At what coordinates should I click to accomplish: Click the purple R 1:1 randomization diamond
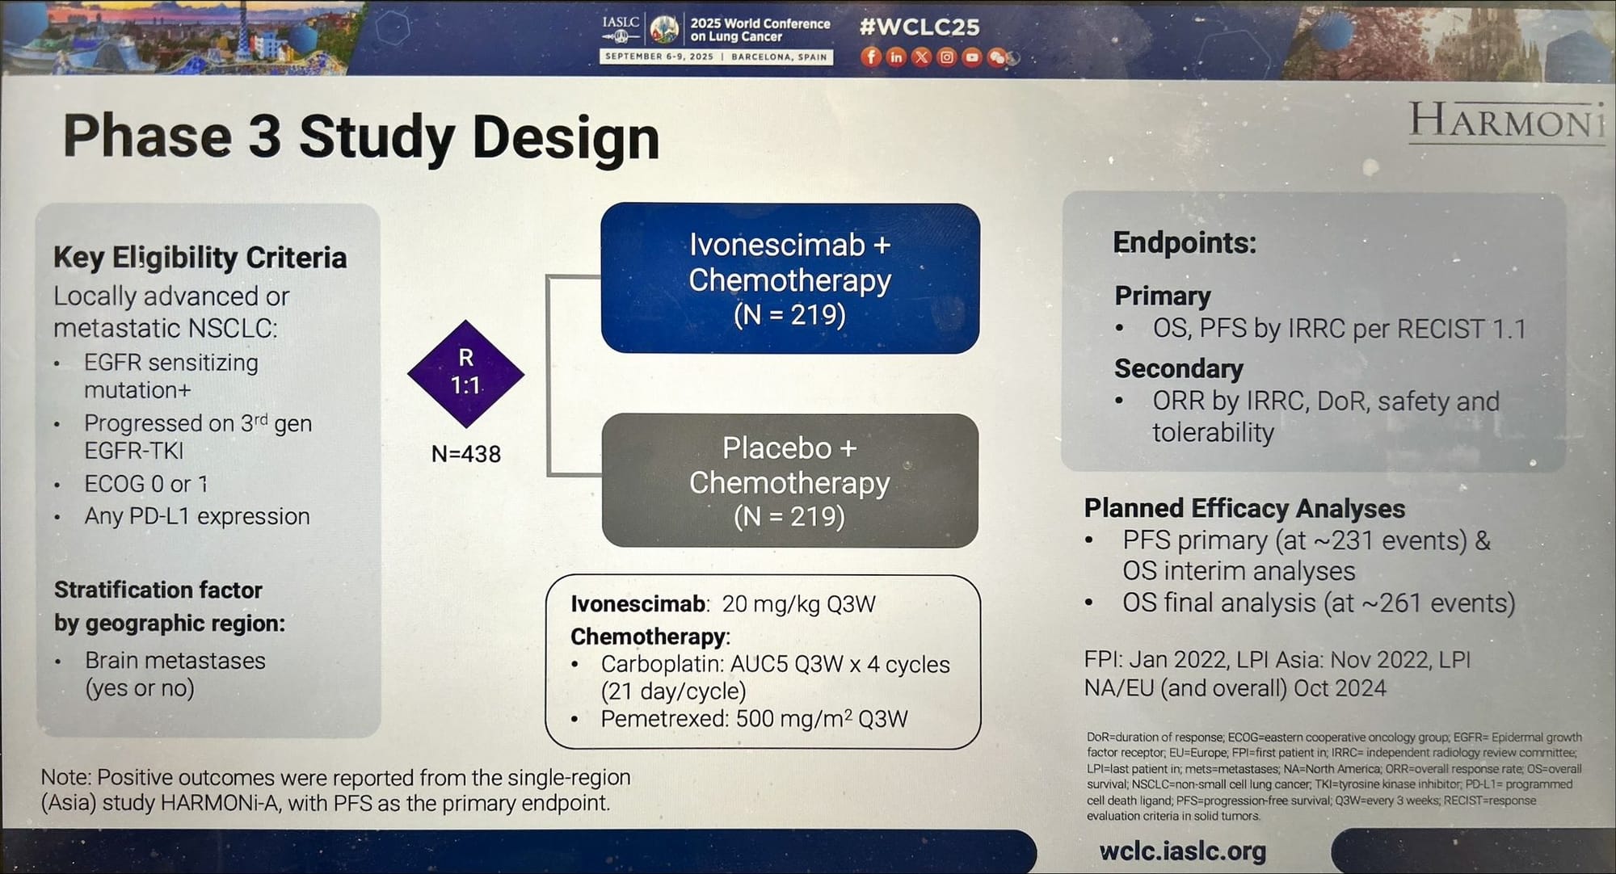coord(465,373)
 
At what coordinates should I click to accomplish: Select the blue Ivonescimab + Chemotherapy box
coord(789,278)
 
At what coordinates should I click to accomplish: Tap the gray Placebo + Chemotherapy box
coord(789,481)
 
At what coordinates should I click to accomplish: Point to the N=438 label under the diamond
coord(466,454)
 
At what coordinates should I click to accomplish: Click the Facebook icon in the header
coord(870,57)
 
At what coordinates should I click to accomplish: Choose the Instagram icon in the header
coord(946,57)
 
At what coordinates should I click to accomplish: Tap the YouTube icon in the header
coord(971,57)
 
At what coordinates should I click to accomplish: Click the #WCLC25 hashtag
coord(920,27)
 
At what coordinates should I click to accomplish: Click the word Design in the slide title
coord(566,137)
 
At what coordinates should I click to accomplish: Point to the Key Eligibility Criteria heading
coord(200,258)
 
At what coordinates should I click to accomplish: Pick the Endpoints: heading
coord(1185,242)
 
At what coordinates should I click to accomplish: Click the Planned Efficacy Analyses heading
coord(1244,508)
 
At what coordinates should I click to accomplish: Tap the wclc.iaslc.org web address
coord(1183,851)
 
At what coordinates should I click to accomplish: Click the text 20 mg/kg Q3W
coord(798,604)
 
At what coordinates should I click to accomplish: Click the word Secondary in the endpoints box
coord(1179,368)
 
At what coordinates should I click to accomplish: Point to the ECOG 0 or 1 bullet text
coord(146,484)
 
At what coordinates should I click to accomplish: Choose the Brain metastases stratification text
coord(175,661)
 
